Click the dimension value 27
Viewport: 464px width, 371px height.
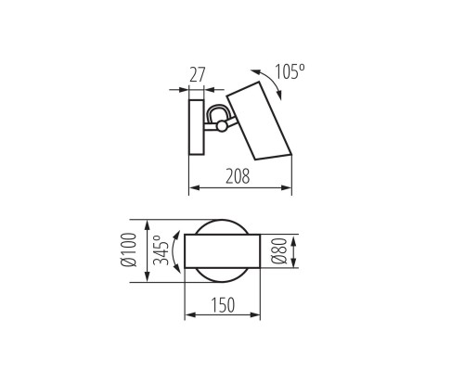click(x=197, y=75)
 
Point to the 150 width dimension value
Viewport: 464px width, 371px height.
click(x=222, y=302)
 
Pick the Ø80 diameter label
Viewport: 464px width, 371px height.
click(x=276, y=251)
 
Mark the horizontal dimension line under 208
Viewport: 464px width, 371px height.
click(x=239, y=188)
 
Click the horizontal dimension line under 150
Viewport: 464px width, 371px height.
click(x=222, y=316)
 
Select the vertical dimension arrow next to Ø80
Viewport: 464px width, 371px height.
click(x=292, y=251)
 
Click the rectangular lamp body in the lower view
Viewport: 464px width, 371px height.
click(x=222, y=251)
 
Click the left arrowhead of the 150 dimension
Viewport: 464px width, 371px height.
click(x=188, y=316)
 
